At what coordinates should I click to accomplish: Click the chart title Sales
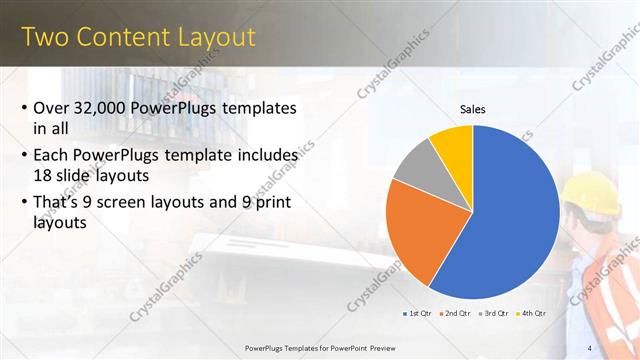tap(472, 108)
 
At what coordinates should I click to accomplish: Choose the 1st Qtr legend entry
tap(417, 313)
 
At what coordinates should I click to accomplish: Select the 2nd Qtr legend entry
tap(456, 313)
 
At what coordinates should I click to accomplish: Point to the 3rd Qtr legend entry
tap(495, 313)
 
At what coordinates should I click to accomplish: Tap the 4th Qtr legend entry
tap(533, 313)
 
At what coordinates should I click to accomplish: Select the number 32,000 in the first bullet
tap(106, 108)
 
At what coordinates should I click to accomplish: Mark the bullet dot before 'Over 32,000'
tap(24, 108)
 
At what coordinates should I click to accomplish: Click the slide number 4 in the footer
tap(590, 347)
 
